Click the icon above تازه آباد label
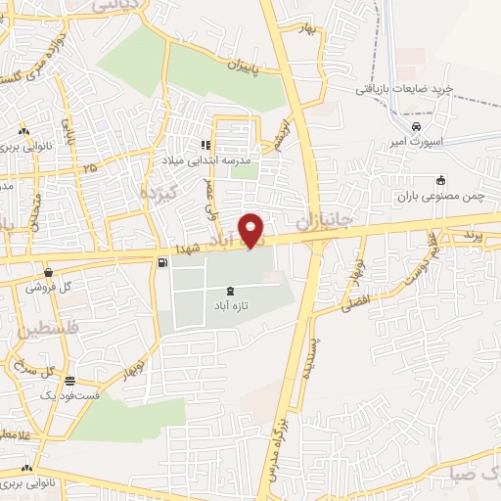[230, 291]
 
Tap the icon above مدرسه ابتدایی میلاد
[205, 145]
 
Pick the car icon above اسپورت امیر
[417, 127]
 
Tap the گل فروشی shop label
[51, 288]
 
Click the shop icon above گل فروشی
[48, 272]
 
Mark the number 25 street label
[90, 168]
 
